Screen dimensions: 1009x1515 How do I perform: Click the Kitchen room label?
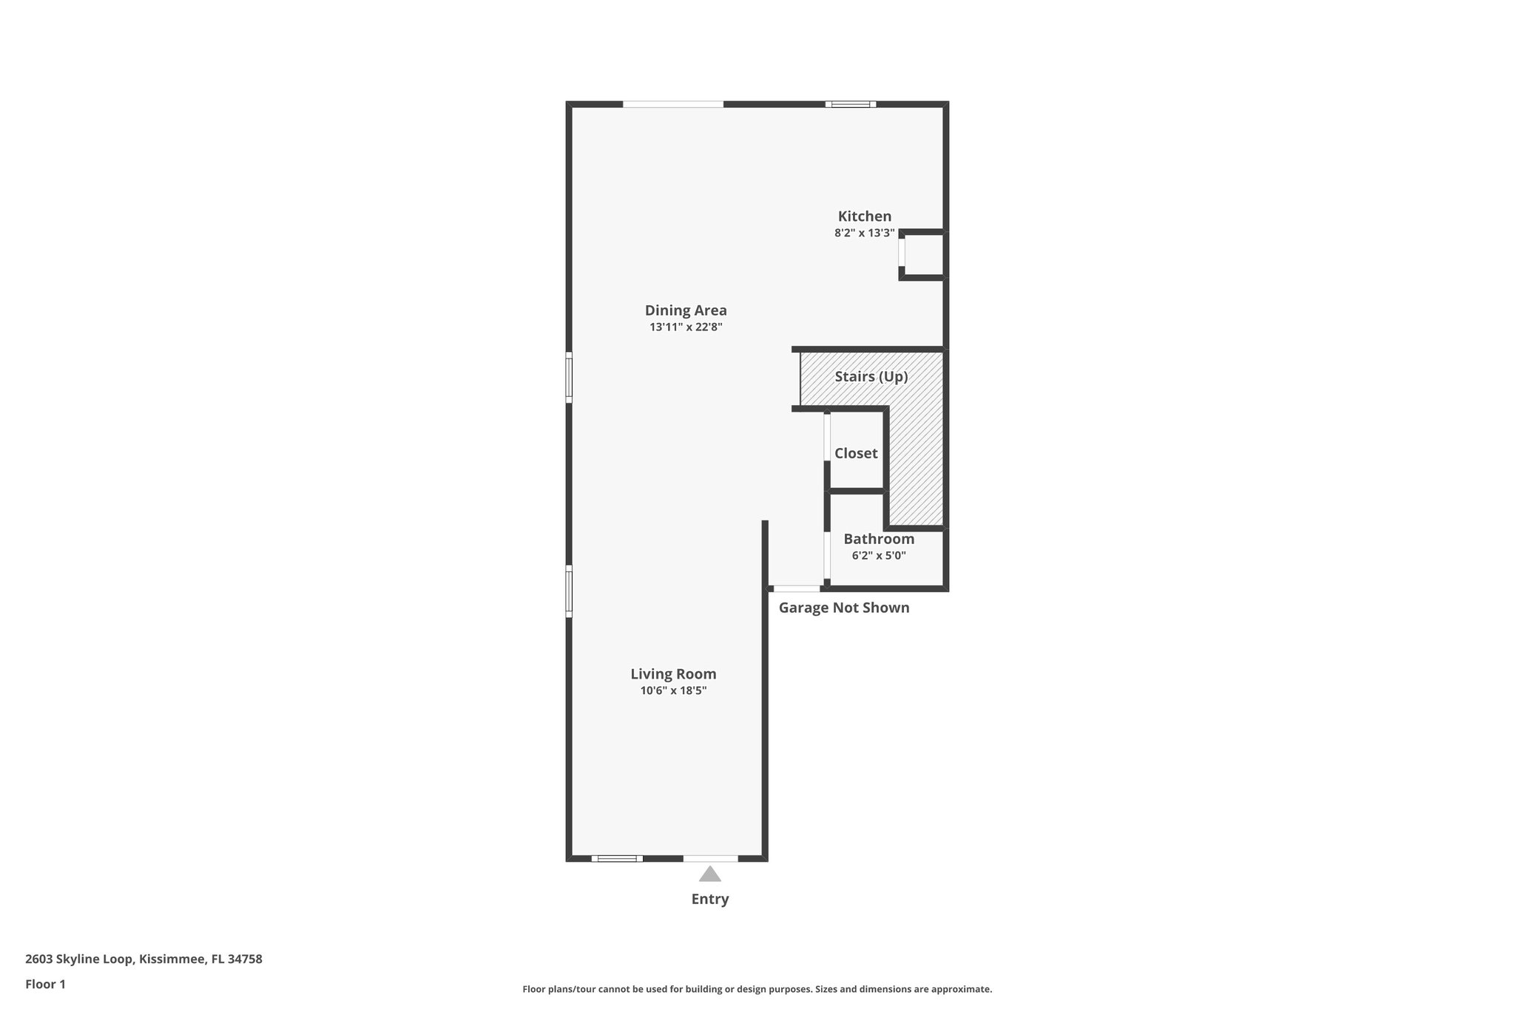(x=864, y=217)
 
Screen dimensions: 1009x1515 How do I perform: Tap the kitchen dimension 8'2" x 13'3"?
(x=864, y=233)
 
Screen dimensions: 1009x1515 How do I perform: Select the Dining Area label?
(x=686, y=310)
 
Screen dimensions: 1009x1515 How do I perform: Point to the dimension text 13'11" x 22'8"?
(x=686, y=327)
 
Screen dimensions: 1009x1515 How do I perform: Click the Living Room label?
(x=673, y=674)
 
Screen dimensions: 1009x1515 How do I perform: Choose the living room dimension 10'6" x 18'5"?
(x=673, y=691)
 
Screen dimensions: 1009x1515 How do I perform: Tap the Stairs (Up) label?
(x=871, y=376)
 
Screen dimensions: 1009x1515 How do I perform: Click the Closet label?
(x=856, y=453)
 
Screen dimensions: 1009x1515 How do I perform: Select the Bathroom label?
(x=879, y=539)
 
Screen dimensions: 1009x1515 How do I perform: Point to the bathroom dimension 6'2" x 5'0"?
(x=879, y=556)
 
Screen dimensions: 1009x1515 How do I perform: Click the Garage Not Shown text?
(x=844, y=608)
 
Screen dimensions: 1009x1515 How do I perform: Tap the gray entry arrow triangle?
(x=710, y=875)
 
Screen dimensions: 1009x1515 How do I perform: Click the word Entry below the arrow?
(x=710, y=900)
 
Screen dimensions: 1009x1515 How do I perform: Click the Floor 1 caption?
(x=45, y=985)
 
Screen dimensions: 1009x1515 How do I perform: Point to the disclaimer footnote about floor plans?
(x=757, y=989)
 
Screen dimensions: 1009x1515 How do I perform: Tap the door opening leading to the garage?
(x=797, y=588)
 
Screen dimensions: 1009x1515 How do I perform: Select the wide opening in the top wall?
(x=672, y=104)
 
